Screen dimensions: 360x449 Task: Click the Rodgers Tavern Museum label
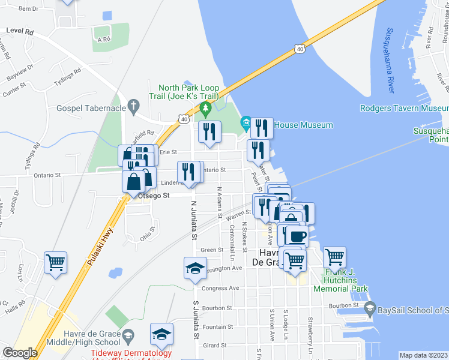click(404, 109)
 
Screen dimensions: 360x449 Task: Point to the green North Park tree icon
click(205, 109)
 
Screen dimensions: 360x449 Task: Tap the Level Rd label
click(20, 30)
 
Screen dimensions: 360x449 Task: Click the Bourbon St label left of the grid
click(218, 307)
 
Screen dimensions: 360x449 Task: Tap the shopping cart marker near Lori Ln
click(55, 262)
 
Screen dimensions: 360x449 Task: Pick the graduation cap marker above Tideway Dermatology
click(161, 334)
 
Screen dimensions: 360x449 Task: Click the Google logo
click(20, 353)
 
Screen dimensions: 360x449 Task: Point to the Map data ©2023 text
click(423, 355)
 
